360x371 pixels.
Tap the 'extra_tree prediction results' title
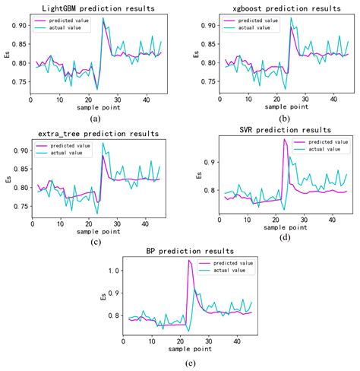tap(93, 132)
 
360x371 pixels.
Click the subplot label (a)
tap(93, 119)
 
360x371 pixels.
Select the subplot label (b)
tap(278, 119)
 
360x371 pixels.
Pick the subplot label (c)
tap(93, 242)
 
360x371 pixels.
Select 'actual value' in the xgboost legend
tap(244, 27)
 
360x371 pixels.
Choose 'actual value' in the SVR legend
tap(323, 151)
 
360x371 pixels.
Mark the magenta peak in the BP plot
tap(188, 261)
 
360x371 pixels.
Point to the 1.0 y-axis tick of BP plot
tap(114, 270)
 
